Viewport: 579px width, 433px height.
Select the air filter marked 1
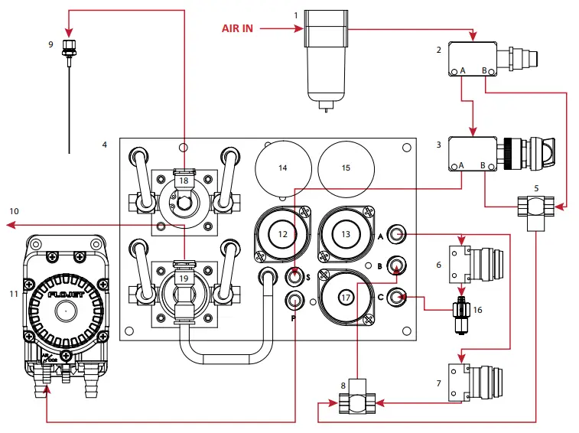click(327, 54)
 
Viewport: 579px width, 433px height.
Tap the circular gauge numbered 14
click(283, 167)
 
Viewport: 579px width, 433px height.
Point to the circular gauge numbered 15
click(346, 167)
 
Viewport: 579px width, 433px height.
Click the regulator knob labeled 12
click(282, 234)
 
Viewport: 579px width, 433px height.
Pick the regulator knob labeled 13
click(346, 234)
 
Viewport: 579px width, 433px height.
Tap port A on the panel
click(396, 234)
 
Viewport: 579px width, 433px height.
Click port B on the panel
click(396, 265)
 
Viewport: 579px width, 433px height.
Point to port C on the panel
click(396, 297)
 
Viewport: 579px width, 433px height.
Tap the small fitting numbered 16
click(461, 310)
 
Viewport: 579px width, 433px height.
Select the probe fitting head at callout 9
click(70, 51)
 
